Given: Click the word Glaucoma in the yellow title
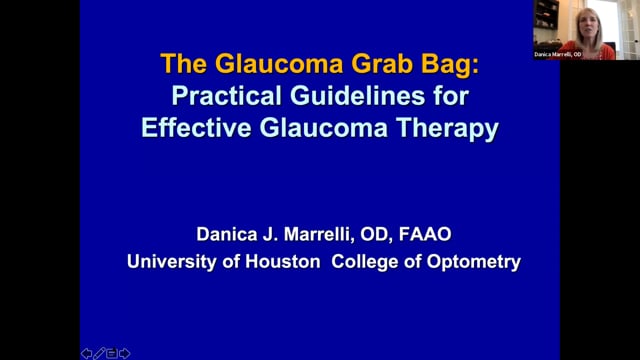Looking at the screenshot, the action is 279,64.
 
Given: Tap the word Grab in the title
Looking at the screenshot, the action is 382,64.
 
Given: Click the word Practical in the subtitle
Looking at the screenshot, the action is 227,96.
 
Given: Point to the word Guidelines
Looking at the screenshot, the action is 358,96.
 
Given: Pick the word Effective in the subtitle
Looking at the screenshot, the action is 196,128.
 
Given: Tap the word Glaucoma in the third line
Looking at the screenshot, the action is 324,128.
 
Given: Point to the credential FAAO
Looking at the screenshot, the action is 425,234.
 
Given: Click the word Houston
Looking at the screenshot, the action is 283,262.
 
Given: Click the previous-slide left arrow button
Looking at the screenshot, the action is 87,353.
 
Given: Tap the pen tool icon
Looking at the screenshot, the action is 99,353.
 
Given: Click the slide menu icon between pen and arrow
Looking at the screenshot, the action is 111,353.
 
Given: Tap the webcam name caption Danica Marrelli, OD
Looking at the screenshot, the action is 558,54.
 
